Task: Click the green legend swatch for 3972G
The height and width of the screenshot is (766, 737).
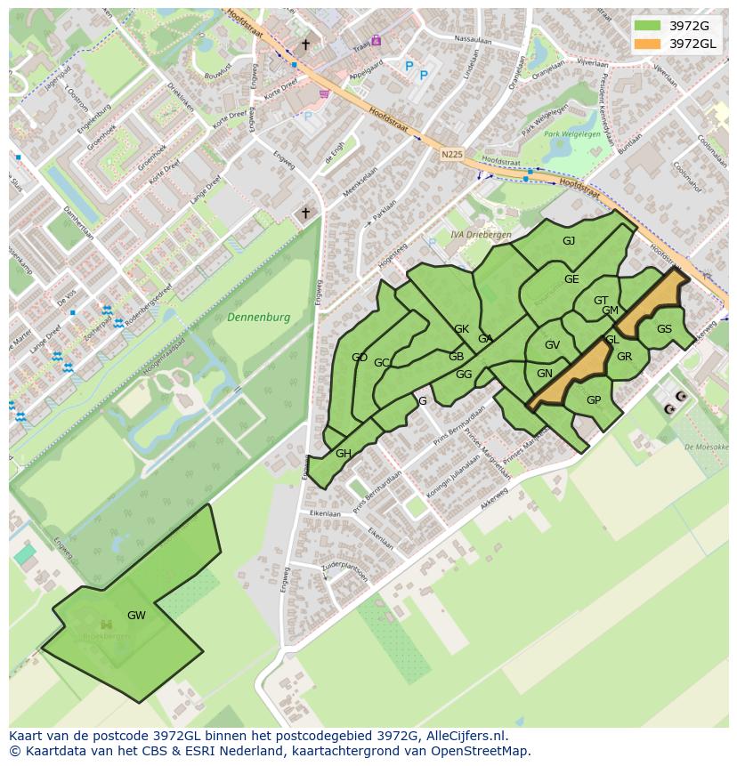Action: click(x=648, y=26)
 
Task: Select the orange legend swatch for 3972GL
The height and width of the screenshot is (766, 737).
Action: click(x=648, y=44)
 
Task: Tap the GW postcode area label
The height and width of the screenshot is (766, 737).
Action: click(x=136, y=615)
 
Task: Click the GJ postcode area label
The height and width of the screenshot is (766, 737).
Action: click(x=569, y=241)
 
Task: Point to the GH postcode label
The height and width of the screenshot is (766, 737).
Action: click(x=344, y=454)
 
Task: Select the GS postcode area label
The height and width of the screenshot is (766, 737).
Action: click(x=664, y=329)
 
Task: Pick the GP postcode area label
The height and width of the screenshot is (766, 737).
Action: click(x=594, y=400)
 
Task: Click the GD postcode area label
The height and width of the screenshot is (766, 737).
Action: click(x=360, y=358)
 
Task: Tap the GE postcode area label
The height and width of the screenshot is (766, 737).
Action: click(x=571, y=279)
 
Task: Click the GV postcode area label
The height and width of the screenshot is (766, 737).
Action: click(x=552, y=345)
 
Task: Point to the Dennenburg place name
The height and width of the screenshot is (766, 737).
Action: click(x=258, y=317)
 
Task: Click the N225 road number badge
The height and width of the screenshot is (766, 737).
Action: click(x=452, y=155)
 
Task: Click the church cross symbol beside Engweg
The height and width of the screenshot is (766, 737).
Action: click(x=305, y=213)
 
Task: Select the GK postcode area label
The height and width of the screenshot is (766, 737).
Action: click(x=461, y=329)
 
